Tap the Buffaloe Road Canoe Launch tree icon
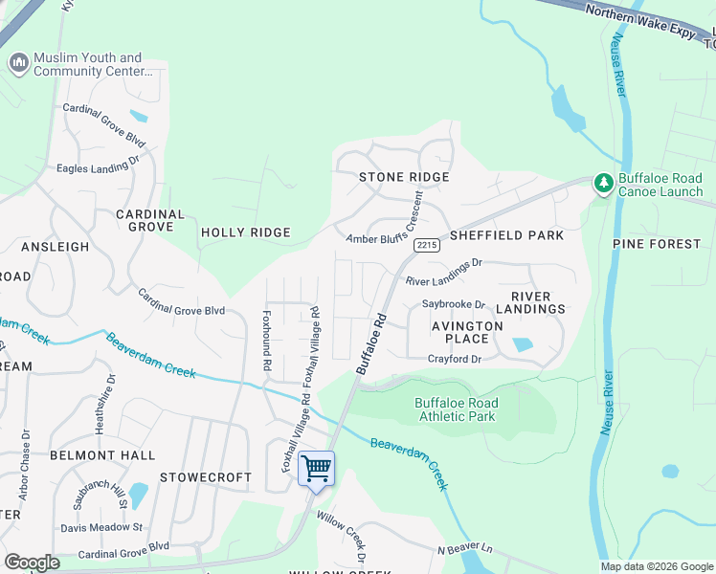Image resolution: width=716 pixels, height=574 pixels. [x=603, y=183]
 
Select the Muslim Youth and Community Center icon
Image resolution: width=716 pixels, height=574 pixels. [x=17, y=64]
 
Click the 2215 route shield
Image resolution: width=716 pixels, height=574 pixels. [x=426, y=246]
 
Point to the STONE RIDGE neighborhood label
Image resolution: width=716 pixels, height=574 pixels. [x=403, y=177]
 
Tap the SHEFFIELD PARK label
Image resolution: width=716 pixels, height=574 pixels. [x=506, y=234]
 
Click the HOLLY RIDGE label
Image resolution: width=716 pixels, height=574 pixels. [x=245, y=232]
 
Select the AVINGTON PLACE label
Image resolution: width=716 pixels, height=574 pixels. [x=466, y=332]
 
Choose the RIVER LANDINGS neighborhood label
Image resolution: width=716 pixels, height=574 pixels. [x=537, y=302]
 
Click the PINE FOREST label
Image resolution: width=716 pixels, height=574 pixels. [x=657, y=244]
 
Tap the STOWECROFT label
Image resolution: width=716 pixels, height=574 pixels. [x=206, y=476]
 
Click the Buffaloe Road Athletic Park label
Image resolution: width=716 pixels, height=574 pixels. [x=456, y=409]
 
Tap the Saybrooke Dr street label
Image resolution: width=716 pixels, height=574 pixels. [x=454, y=304]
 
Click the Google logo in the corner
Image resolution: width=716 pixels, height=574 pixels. [x=32, y=563]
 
